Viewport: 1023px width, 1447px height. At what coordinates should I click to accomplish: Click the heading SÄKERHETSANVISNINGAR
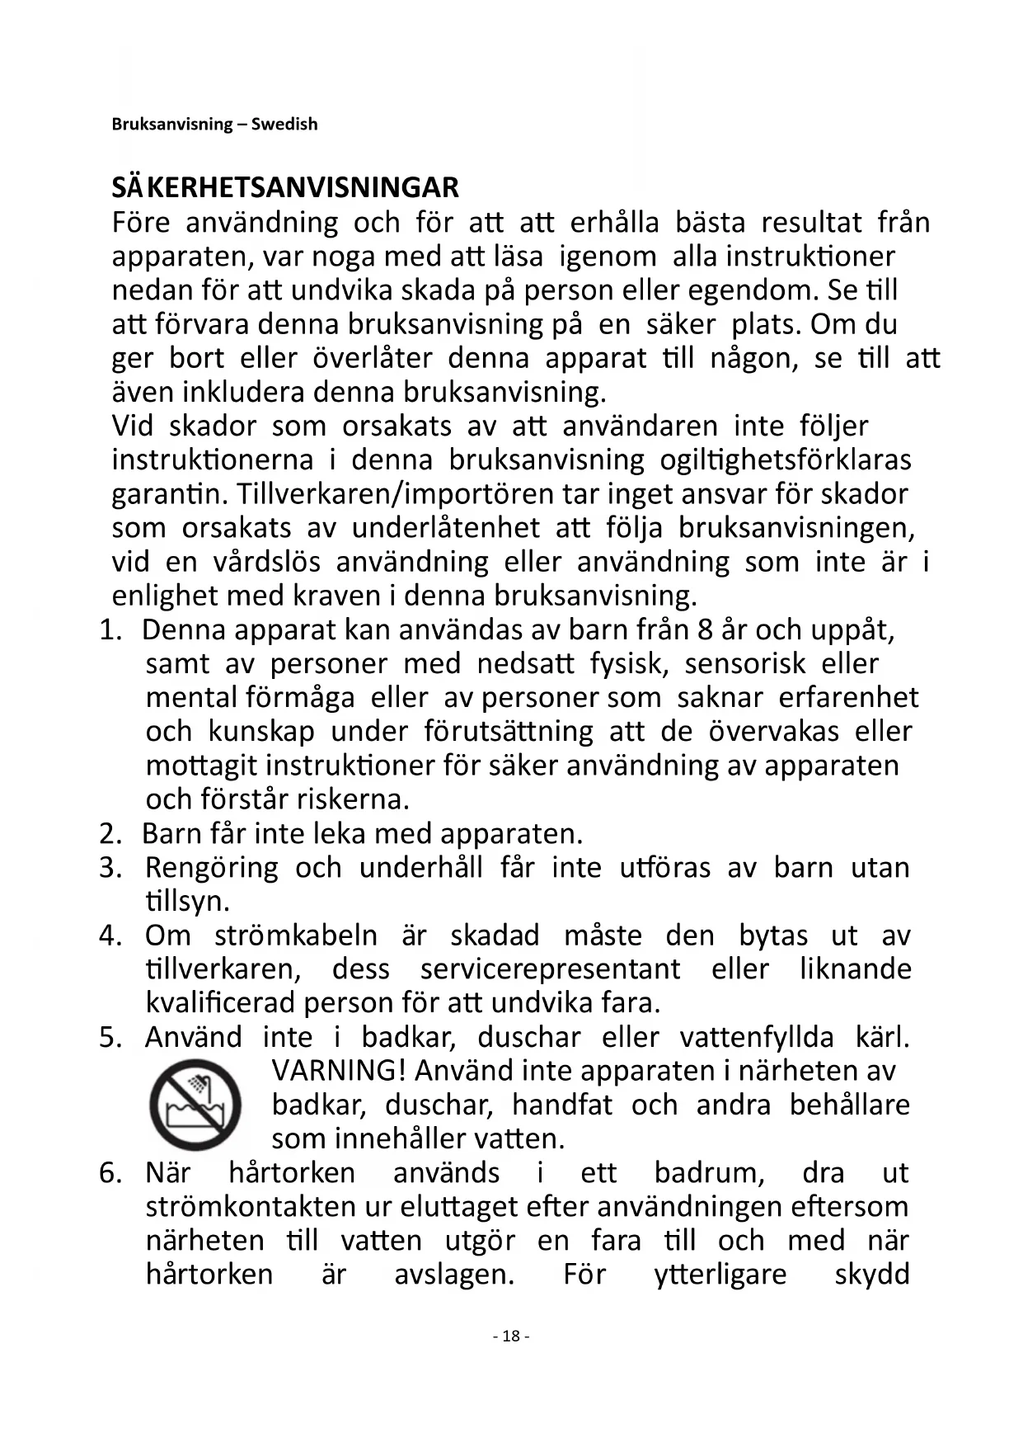[285, 188]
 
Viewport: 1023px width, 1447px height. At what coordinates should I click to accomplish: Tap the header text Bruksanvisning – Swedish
[214, 125]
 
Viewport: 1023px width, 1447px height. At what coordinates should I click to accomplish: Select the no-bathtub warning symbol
[195, 1105]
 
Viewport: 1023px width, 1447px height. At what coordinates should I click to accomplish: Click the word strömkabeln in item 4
[296, 936]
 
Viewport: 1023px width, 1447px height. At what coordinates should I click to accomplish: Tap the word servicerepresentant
[550, 969]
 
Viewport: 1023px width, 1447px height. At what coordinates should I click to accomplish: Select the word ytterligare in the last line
[720, 1275]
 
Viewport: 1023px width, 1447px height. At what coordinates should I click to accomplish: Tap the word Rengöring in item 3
[212, 868]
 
